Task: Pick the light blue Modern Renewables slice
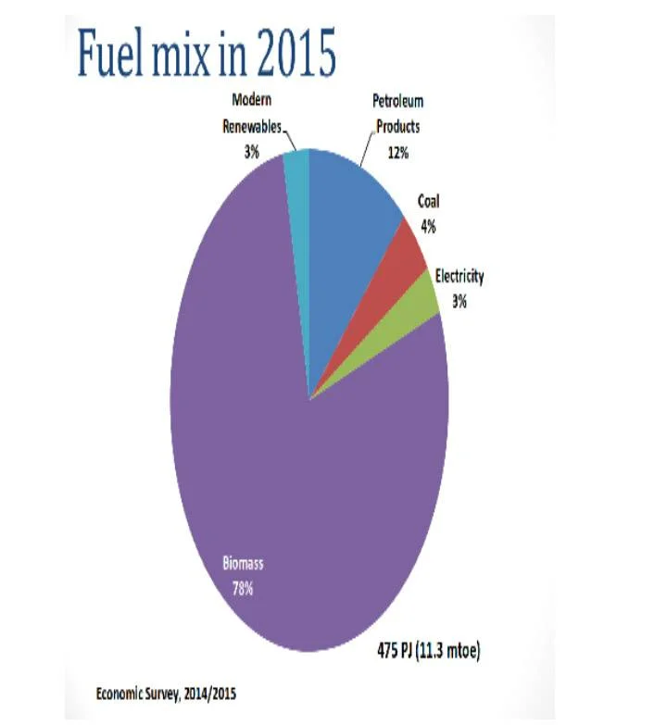click(x=296, y=168)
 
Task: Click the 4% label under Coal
click(x=428, y=226)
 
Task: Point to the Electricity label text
click(x=459, y=277)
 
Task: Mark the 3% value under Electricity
click(x=459, y=300)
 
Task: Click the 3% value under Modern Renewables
click(x=251, y=151)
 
